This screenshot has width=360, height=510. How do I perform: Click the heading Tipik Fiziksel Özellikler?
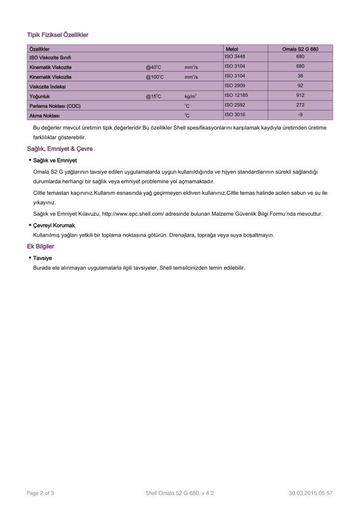(x=57, y=35)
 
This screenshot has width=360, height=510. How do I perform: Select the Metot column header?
(x=232, y=49)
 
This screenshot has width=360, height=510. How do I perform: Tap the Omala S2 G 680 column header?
(x=300, y=49)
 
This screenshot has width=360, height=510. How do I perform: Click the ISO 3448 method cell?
(x=235, y=56)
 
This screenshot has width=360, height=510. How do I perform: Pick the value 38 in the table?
(x=300, y=76)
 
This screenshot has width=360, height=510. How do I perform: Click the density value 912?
(x=300, y=95)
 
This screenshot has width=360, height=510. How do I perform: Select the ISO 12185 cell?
(x=237, y=95)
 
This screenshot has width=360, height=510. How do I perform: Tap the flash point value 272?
(x=300, y=105)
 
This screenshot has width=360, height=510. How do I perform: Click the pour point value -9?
(x=300, y=115)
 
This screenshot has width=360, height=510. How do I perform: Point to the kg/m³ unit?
(x=191, y=96)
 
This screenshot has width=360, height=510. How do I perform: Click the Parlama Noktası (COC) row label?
(x=55, y=106)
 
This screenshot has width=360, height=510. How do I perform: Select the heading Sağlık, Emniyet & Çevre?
(x=60, y=149)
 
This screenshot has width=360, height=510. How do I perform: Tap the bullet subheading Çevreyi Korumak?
(x=54, y=226)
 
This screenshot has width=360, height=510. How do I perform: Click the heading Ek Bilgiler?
(x=40, y=247)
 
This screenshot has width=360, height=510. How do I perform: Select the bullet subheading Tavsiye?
(x=42, y=258)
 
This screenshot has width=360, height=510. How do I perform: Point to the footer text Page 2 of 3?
(x=40, y=493)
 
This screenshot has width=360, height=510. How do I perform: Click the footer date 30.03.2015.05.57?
(x=310, y=493)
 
